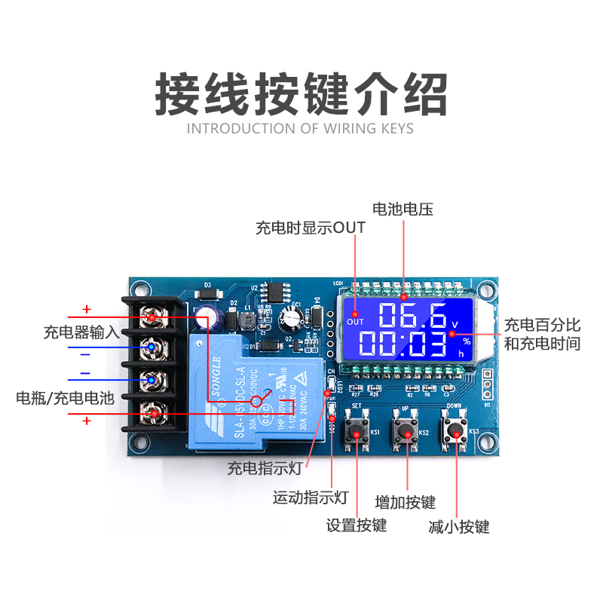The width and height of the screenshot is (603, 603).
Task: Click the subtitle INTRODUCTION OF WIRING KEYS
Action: tap(301, 128)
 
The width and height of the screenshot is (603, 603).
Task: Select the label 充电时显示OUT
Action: tap(311, 227)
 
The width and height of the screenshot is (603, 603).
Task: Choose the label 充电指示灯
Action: tap(265, 468)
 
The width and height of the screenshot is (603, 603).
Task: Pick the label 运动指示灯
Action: tap(310, 497)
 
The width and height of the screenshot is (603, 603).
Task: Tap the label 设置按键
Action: tap(356, 525)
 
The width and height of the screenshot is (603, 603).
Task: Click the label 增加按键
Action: tap(406, 502)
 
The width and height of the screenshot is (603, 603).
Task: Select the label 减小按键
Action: tap(459, 526)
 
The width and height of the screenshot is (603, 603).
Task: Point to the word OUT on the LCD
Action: tap(355, 323)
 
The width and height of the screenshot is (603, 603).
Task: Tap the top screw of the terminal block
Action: tap(153, 318)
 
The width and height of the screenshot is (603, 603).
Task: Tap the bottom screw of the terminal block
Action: tap(153, 413)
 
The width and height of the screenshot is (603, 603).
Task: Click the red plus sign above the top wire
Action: tap(87, 309)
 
